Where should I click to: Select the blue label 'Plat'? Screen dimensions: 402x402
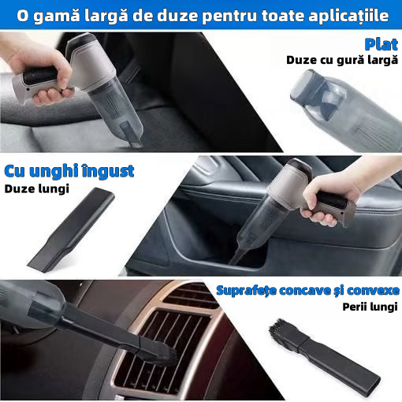[x=382, y=43]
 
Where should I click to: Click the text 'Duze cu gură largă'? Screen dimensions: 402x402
[x=342, y=60]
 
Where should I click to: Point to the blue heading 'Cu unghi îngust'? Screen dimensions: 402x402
[x=69, y=171]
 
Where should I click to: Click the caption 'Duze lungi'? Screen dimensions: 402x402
[x=37, y=189]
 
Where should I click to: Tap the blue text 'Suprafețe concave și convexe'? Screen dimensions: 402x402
[x=307, y=291]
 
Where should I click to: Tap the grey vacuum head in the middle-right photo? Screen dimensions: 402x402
[x=296, y=177]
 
